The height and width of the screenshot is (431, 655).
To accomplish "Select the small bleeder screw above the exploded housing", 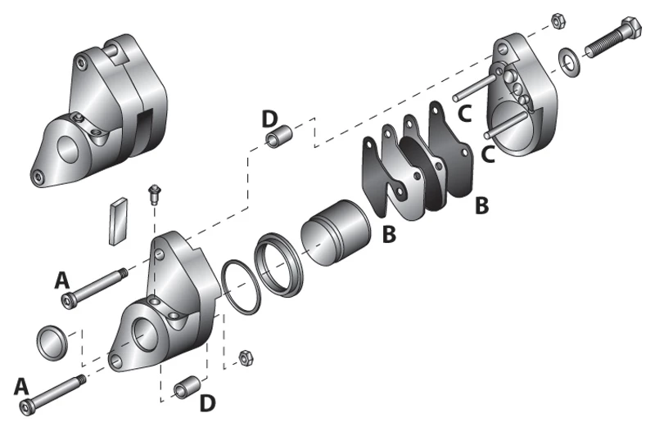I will [151, 194].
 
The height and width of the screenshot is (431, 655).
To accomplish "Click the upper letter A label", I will [62, 281].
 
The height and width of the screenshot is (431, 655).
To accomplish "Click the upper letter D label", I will [269, 119].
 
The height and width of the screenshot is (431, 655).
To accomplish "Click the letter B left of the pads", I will [389, 234].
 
